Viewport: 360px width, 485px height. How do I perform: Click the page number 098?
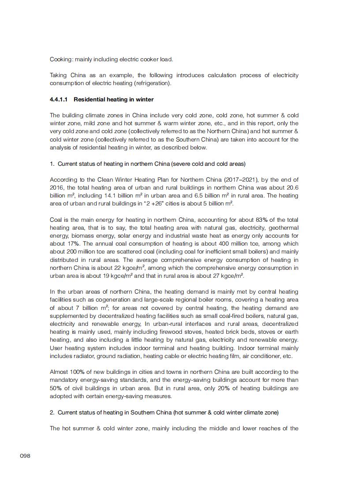pos(25,455)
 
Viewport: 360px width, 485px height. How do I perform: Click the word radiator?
pos(81,356)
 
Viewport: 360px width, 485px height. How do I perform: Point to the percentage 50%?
pos(56,388)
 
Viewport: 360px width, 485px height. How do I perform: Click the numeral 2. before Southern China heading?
pos(52,412)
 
